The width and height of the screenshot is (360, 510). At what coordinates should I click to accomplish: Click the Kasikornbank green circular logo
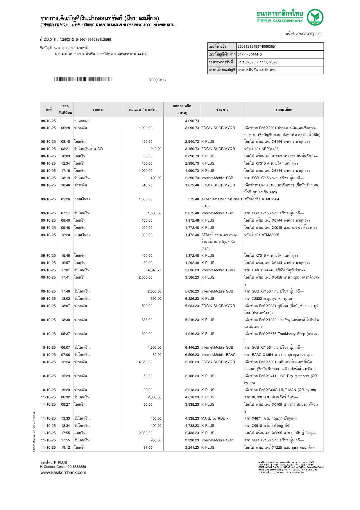click(x=315, y=17)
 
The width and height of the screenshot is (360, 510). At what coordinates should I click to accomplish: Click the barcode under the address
click(x=83, y=79)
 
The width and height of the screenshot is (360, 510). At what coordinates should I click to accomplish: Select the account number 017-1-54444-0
click(x=250, y=54)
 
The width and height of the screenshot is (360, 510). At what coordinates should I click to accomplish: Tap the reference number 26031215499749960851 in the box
click(x=257, y=47)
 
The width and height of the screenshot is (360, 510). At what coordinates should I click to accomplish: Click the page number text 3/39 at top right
click(x=319, y=34)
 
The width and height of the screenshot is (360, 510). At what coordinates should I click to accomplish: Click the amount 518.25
click(x=147, y=185)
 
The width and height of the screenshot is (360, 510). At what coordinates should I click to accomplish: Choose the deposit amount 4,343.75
click(x=155, y=270)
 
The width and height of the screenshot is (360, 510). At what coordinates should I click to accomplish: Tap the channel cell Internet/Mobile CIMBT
click(x=219, y=270)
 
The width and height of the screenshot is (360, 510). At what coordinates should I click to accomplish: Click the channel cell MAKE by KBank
click(x=215, y=418)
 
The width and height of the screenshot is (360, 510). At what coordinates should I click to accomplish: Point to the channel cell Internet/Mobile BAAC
click(x=218, y=355)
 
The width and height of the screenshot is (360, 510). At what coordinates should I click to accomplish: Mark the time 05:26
click(x=65, y=199)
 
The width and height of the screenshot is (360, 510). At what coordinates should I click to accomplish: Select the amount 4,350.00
click(x=146, y=362)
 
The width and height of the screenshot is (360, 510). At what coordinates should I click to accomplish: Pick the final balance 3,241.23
click(x=192, y=447)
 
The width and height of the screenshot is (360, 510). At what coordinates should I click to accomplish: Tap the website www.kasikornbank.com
click(x=63, y=472)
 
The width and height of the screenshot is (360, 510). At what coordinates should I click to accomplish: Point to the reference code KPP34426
click(x=270, y=149)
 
